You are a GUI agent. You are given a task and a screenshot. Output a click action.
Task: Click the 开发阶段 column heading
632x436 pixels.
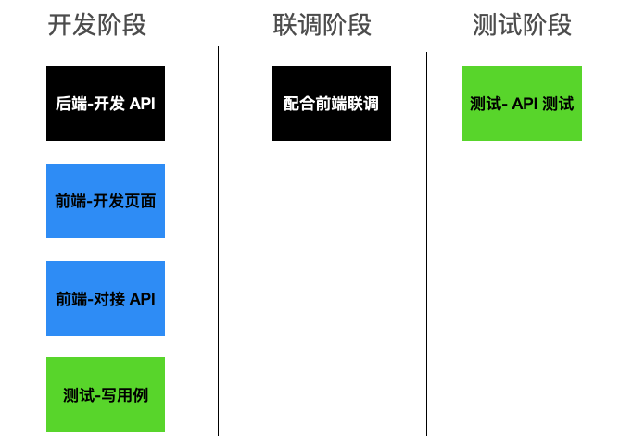coord(96,25)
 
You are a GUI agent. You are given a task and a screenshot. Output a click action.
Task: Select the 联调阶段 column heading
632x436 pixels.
coord(322,25)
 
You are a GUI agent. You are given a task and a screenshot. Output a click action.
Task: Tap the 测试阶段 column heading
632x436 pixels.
coord(522,25)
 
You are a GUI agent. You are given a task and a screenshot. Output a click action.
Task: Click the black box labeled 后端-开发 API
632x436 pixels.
coord(106,103)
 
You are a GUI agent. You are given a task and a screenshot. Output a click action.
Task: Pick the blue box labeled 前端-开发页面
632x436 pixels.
coord(106,201)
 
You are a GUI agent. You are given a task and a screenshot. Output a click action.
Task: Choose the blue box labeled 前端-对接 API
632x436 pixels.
coord(106,298)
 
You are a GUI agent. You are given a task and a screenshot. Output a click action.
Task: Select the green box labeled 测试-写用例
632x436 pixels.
coord(106,394)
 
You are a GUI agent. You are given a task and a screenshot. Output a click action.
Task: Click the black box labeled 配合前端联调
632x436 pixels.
coord(332,103)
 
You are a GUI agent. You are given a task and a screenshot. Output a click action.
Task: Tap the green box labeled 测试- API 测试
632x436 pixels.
coord(522,103)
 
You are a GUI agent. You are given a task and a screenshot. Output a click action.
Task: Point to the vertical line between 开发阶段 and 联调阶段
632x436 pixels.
coord(218,242)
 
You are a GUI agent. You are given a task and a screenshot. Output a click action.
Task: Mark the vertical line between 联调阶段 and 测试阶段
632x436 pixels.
coord(426,244)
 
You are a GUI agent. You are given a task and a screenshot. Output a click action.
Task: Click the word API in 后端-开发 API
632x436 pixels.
coord(143,104)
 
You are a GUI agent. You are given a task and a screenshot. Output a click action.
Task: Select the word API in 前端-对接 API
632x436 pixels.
coord(143,299)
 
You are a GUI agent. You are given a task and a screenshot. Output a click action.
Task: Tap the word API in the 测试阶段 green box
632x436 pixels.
coord(525,104)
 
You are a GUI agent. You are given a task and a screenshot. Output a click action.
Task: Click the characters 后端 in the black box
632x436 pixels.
coord(71,104)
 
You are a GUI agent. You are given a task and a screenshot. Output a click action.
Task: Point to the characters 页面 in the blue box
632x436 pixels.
coord(140,201)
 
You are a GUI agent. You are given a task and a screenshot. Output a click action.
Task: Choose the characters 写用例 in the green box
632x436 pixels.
coord(124,395)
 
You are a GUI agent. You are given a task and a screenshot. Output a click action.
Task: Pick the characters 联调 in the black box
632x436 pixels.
coord(362,104)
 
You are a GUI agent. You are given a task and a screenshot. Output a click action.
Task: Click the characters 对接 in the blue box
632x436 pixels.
coord(109,299)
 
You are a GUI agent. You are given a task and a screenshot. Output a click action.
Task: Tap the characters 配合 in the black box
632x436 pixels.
coord(299,104)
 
